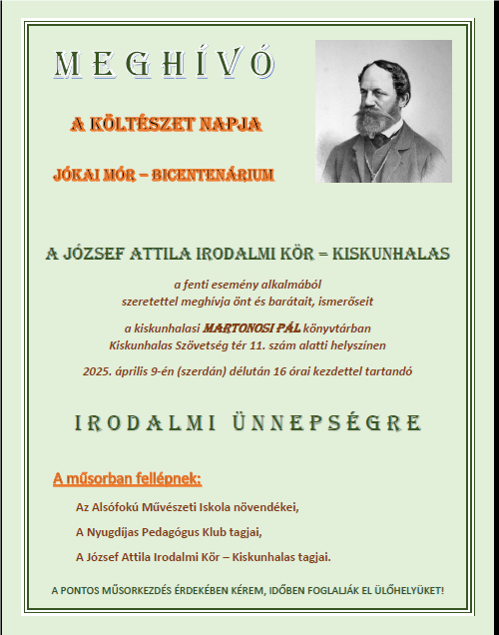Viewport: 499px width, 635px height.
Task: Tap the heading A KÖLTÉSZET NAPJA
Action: (167, 125)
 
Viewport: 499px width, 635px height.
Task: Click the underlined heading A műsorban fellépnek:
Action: (127, 479)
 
